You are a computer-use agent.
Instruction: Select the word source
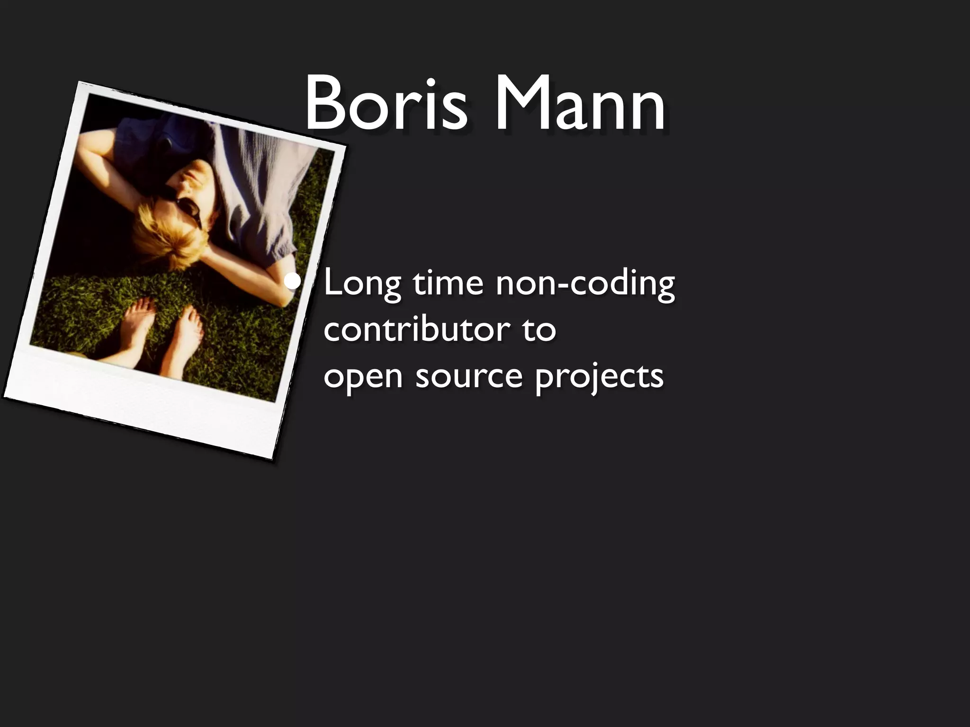468,376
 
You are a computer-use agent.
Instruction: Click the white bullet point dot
294,283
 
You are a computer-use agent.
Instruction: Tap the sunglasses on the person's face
187,208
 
